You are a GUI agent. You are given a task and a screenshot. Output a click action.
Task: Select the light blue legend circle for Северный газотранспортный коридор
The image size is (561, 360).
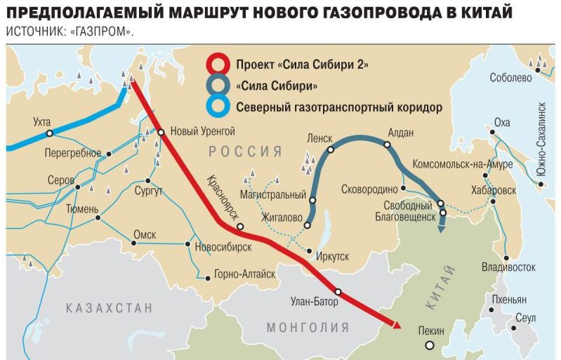click(220, 107)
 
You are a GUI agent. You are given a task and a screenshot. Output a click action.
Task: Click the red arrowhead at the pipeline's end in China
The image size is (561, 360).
click(396, 324)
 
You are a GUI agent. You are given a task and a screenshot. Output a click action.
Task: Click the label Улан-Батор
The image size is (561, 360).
click(314, 302)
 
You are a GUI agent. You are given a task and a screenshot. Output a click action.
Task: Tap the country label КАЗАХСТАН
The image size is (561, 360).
click(109, 307)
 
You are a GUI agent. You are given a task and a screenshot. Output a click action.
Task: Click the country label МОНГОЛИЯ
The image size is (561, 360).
click(308, 328)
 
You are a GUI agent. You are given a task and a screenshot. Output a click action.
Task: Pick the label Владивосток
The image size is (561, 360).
click(509, 267)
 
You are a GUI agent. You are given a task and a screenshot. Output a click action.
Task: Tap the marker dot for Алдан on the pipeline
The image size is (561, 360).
click(386, 145)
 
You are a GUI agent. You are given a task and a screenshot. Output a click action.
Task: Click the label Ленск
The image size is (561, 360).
click(319, 138)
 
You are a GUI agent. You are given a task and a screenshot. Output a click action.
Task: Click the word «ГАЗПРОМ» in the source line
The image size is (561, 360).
click(109, 32)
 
